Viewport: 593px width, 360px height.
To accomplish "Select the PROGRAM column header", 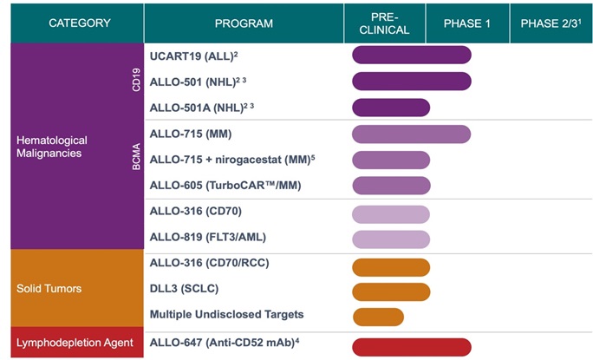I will click(244, 23).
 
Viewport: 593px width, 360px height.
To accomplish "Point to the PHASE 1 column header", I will click(467, 23).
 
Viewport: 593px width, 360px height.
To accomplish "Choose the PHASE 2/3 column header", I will click(550, 23).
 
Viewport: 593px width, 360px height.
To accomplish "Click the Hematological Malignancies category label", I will click(52, 147).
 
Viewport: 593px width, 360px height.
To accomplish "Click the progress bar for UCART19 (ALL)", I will click(411, 55).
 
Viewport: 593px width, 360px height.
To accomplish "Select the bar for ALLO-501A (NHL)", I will click(391, 108).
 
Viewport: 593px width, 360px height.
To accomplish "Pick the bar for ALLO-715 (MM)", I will click(411, 134).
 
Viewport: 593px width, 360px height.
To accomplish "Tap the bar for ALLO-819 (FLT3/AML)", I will click(391, 239).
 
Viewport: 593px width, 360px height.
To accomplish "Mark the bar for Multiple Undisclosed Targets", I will click(378, 316).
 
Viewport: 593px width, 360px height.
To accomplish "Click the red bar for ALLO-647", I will click(411, 346).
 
